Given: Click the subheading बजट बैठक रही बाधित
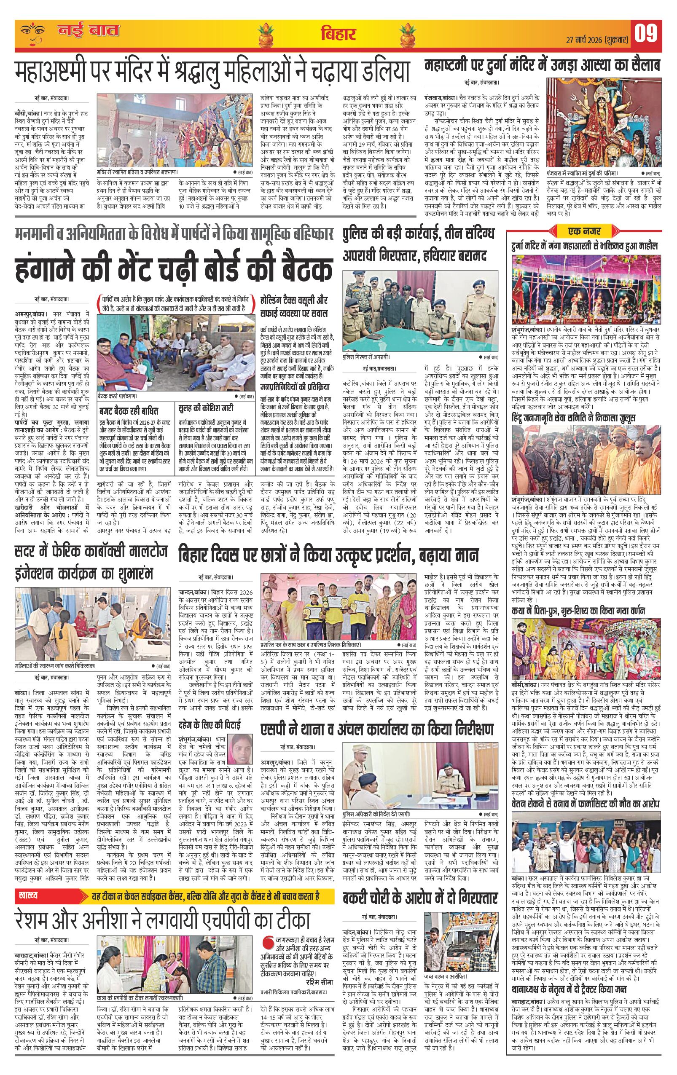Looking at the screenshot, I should click(128, 409).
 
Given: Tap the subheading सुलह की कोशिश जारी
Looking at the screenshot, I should click(205, 409).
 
